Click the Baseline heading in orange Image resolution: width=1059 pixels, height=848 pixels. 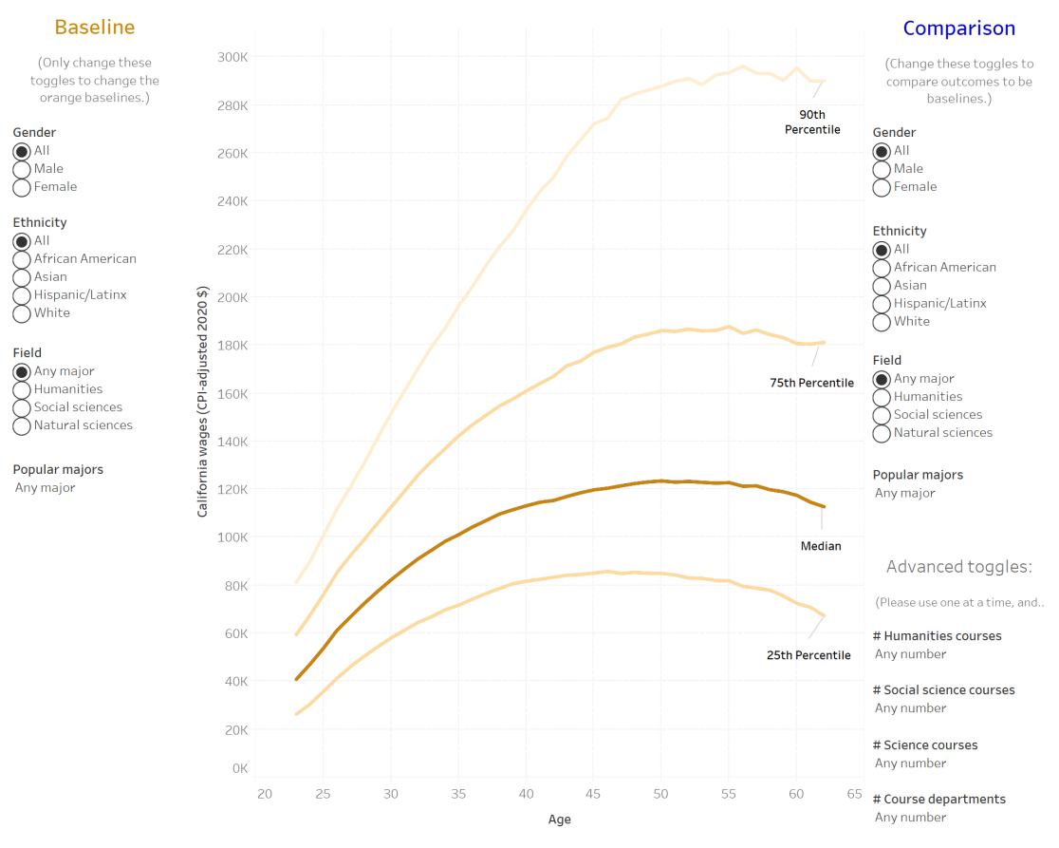[x=94, y=28]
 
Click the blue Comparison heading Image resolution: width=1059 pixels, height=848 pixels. [x=958, y=28]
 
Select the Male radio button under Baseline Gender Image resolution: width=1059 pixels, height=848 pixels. [x=22, y=169]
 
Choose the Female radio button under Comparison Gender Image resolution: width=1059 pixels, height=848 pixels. [x=882, y=187]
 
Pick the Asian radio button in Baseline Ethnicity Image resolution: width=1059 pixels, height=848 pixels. [x=22, y=277]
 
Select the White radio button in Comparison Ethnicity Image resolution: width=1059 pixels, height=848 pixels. [x=882, y=322]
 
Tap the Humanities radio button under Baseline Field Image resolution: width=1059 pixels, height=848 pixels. [x=22, y=389]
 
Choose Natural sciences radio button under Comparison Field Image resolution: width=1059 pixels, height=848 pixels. [x=882, y=433]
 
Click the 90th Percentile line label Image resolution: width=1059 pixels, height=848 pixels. [x=812, y=122]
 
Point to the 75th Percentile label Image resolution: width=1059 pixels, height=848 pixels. [x=811, y=383]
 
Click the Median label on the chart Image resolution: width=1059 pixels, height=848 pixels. [x=821, y=546]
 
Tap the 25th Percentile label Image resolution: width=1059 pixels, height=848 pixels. [x=808, y=655]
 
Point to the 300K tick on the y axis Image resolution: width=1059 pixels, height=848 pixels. [x=232, y=57]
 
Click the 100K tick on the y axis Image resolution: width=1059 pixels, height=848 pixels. [x=232, y=537]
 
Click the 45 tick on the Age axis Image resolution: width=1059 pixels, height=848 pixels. [x=593, y=794]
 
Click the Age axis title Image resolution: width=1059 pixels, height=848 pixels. [x=560, y=820]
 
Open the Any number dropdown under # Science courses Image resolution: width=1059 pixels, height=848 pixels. [x=911, y=763]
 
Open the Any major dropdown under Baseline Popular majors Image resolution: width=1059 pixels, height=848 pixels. [x=46, y=488]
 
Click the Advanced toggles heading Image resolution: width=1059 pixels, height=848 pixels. [x=958, y=568]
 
